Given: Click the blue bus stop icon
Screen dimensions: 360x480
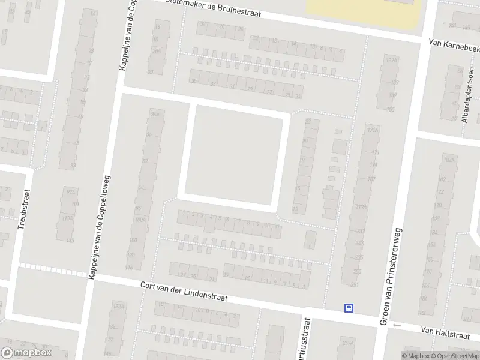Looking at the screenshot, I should pyautogui.click(x=349, y=308).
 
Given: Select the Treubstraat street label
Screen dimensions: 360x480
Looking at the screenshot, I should pyautogui.click(x=23, y=223).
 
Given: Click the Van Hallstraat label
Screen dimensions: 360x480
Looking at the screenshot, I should pyautogui.click(x=445, y=330).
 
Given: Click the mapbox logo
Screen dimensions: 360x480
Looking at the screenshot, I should pyautogui.click(x=26, y=353).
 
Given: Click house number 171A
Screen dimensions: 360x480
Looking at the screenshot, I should pyautogui.click(x=374, y=130).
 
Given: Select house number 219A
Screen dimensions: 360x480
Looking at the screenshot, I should pyautogui.click(x=361, y=207).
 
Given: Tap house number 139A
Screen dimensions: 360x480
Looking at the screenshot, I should pyautogui.click(x=392, y=61).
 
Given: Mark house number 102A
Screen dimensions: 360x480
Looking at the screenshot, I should pyautogui.click(x=447, y=160).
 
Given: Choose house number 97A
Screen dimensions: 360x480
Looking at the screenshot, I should pyautogui.click(x=71, y=191).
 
